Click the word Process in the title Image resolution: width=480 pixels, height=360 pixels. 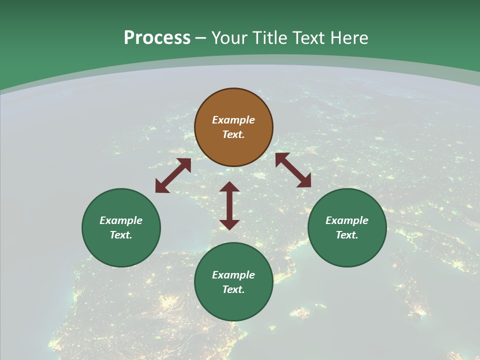pos(157,38)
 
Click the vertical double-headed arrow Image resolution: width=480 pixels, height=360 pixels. pos(229,205)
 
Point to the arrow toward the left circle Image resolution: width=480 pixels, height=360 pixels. pos(173,175)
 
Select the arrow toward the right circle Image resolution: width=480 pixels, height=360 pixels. pos(293,170)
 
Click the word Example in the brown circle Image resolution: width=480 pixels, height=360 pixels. pos(233,120)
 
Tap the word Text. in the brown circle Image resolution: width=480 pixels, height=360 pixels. pos(233,134)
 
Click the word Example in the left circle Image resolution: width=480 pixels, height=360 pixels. pos(121,220)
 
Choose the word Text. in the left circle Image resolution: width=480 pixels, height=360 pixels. pos(121,235)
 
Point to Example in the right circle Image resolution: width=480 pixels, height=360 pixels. pos(347,220)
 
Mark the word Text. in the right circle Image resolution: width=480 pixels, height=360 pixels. pos(347,235)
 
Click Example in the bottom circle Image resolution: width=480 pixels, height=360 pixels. pos(233,275)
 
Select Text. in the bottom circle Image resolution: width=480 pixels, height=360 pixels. pos(233,289)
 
